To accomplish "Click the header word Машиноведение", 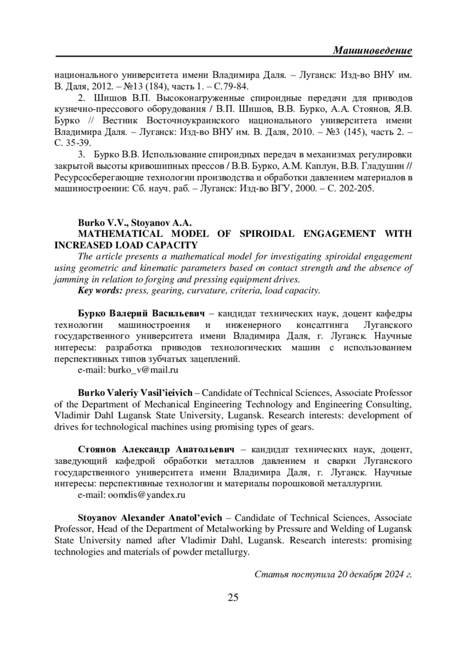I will (372, 50).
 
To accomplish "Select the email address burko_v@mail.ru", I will (143, 370).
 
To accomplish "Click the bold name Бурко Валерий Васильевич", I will (141, 313).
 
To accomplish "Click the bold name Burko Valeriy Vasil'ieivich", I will (135, 393).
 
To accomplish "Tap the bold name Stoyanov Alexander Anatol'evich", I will (150, 518).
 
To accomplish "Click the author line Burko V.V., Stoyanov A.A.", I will (135, 222).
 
